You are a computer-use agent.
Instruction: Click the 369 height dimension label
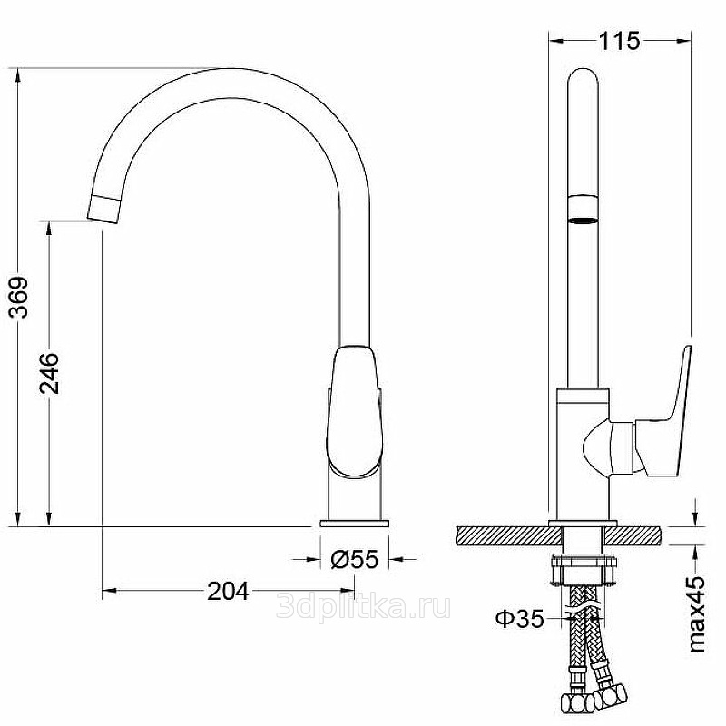[x=19, y=298]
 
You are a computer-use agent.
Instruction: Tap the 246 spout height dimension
[x=49, y=373]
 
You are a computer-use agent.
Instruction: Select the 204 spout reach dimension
[x=228, y=591]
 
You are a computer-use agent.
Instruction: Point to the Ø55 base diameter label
[x=355, y=559]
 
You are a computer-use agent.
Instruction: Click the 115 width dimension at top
[x=620, y=41]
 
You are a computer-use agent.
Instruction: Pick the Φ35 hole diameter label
[x=519, y=619]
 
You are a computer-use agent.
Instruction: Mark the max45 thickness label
[x=697, y=614]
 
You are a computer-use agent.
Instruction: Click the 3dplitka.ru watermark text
[x=364, y=606]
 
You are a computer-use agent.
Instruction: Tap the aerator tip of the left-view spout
[x=104, y=210]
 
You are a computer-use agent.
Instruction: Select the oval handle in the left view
[x=354, y=411]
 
